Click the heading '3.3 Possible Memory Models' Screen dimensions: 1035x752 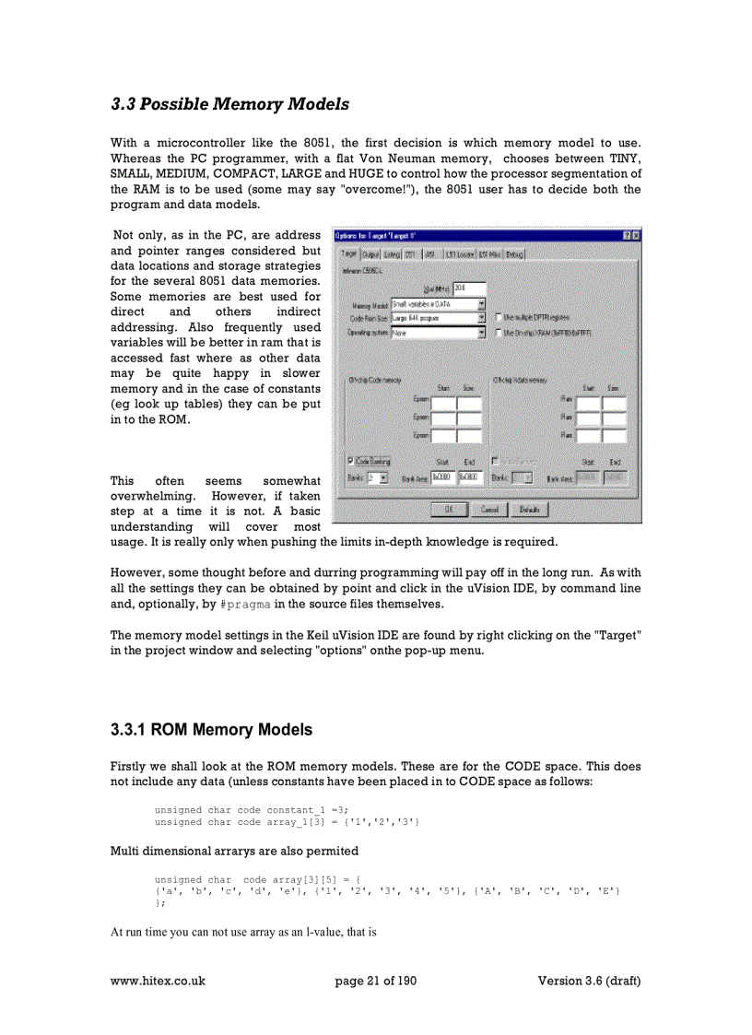click(x=229, y=104)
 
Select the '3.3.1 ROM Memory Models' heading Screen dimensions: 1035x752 click(x=211, y=730)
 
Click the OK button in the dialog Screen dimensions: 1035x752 click(x=448, y=509)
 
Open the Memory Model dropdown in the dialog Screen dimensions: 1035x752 click(x=481, y=303)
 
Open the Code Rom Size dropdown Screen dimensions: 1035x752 click(x=481, y=318)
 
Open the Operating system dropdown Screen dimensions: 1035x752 click(x=481, y=333)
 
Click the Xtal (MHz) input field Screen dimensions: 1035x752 click(x=469, y=288)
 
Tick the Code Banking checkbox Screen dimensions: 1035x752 click(x=351, y=461)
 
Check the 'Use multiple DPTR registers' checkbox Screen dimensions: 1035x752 click(x=499, y=318)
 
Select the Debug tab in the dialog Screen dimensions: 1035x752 click(x=514, y=253)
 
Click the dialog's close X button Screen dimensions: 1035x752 click(x=635, y=236)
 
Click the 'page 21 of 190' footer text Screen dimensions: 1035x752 click(x=376, y=981)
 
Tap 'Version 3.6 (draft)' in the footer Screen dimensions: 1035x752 click(x=589, y=981)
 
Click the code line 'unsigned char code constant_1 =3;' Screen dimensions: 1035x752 click(x=251, y=809)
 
